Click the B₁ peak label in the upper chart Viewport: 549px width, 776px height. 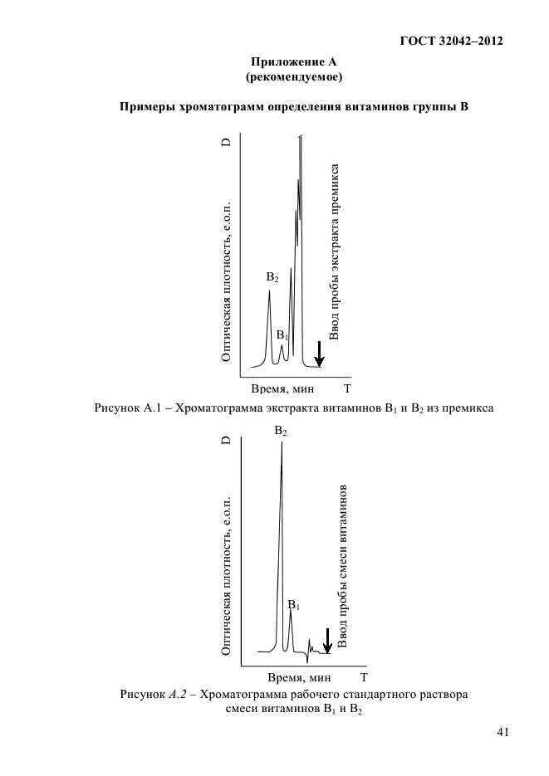click(282, 335)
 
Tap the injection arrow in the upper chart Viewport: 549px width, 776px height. click(319, 354)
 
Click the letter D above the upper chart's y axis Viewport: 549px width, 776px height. click(225, 144)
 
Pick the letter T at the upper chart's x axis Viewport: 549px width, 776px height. click(346, 388)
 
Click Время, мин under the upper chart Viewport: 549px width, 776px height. click(280, 388)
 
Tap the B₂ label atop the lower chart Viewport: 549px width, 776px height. click(281, 432)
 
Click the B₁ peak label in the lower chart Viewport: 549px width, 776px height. click(293, 607)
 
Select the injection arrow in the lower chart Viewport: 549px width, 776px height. click(327, 640)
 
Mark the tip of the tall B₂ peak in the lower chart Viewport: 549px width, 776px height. click(282, 443)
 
